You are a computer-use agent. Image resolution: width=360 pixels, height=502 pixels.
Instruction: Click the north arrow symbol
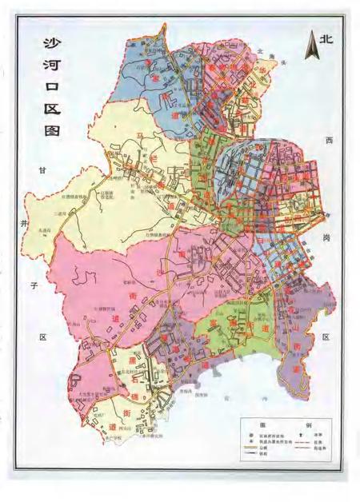[x=314, y=46]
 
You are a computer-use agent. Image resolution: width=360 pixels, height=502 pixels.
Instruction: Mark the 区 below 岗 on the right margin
[x=326, y=337]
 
